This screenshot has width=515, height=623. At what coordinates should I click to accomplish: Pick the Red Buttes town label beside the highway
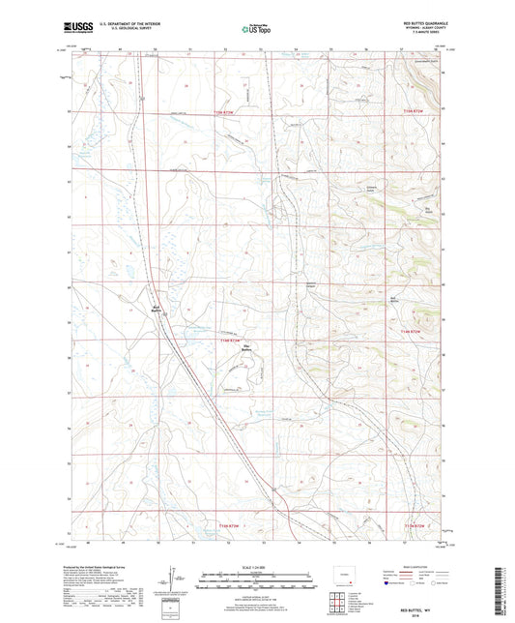coord(157,310)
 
